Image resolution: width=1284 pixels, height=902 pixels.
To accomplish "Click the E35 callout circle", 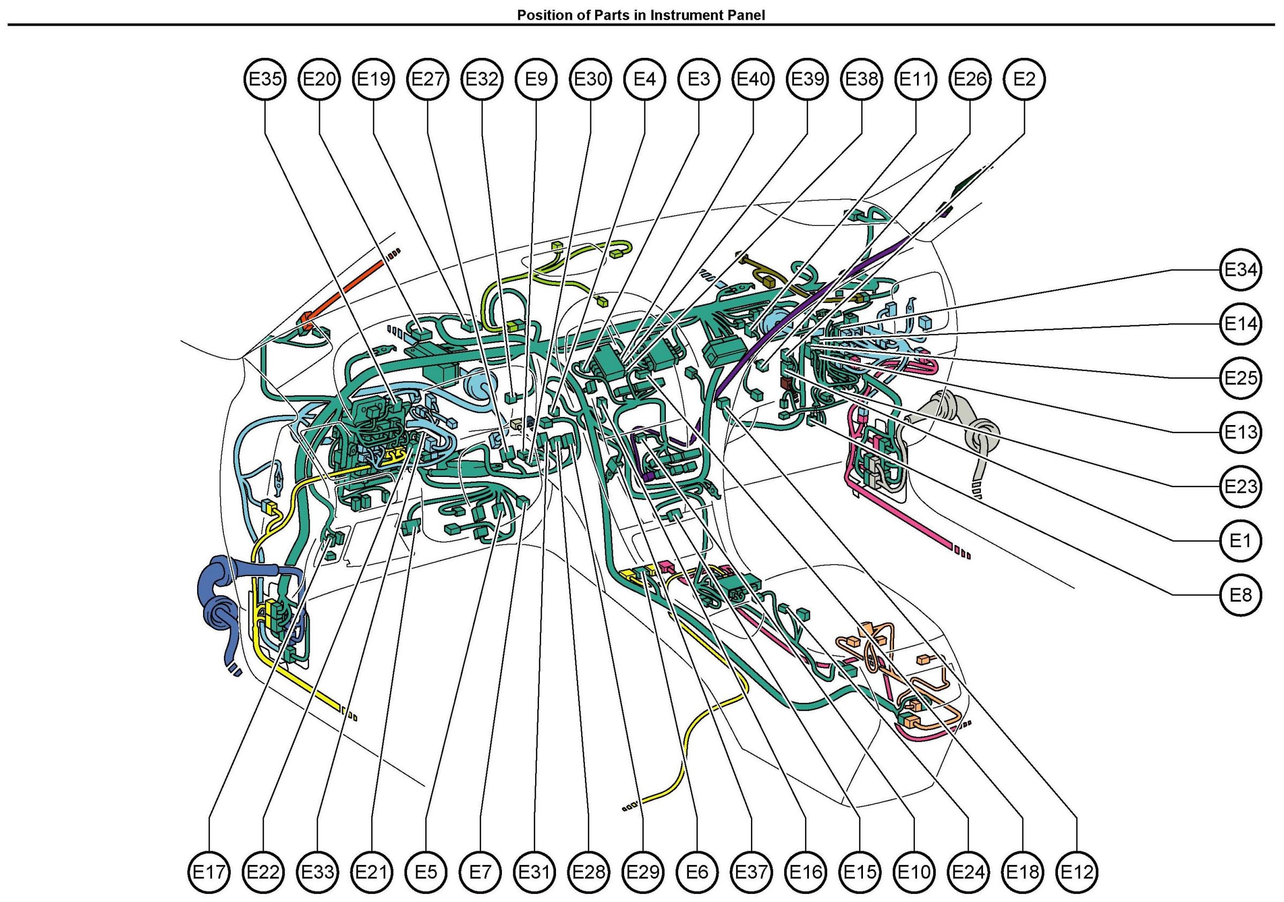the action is click(x=265, y=79).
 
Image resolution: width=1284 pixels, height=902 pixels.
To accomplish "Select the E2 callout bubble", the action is click(x=1024, y=79).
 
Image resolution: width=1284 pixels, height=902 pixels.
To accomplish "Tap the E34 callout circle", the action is click(x=1241, y=270).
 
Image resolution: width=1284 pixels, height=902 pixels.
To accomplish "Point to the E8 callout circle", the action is click(x=1241, y=595).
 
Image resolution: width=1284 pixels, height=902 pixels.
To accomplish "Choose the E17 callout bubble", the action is click(x=208, y=871).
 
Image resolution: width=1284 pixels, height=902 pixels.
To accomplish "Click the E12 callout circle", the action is click(x=1077, y=871).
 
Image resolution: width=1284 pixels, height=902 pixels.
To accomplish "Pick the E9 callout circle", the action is click(x=536, y=79).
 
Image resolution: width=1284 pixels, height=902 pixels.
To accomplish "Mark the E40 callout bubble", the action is click(x=753, y=79).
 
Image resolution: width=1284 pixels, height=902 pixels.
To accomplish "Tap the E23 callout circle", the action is click(x=1241, y=486).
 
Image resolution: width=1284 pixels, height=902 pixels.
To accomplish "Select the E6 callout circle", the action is click(x=697, y=871).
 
